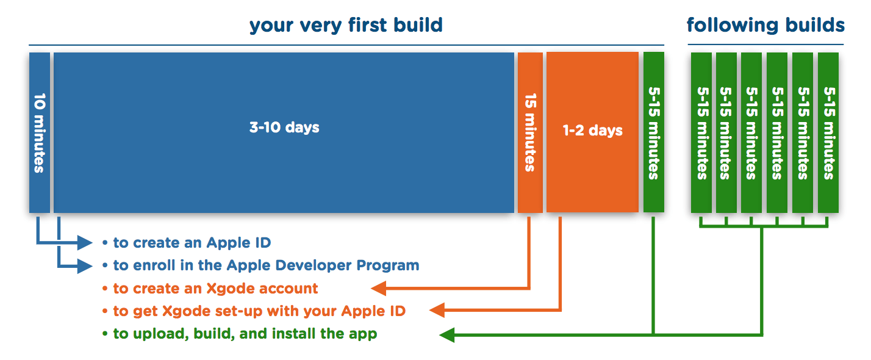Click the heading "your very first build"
(346, 26)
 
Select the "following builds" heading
(765, 26)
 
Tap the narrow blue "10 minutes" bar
(39, 132)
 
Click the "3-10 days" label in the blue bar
(284, 128)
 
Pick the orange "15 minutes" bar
(529, 132)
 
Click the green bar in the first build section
(653, 132)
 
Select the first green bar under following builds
(701, 132)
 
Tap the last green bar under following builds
(828, 132)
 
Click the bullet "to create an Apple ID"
(192, 243)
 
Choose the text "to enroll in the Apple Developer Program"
(266, 265)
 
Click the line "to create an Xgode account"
(215, 289)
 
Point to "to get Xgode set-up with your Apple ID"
(259, 311)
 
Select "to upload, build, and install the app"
(245, 334)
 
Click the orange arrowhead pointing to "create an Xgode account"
(379, 288)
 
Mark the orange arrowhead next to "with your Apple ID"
(437, 311)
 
